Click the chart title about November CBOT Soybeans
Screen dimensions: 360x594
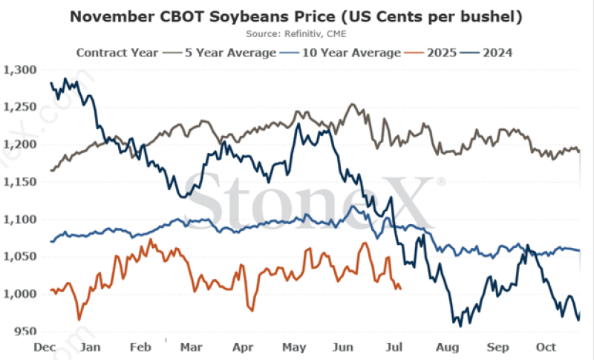tap(297, 16)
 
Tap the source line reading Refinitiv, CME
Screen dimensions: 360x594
tap(296, 33)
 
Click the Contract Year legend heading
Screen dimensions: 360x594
tap(117, 52)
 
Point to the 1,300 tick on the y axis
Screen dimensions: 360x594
tap(20, 70)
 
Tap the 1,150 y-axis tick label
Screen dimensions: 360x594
tap(20, 182)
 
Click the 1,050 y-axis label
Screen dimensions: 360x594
tap(20, 257)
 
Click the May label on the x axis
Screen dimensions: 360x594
tap(295, 347)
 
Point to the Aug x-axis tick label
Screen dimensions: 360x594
tap(448, 347)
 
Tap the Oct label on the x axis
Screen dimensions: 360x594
tap(546, 347)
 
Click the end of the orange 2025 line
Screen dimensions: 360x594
tap(402, 289)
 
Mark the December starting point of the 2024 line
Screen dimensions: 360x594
tap(50, 83)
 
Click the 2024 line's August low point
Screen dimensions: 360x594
tap(460, 325)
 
